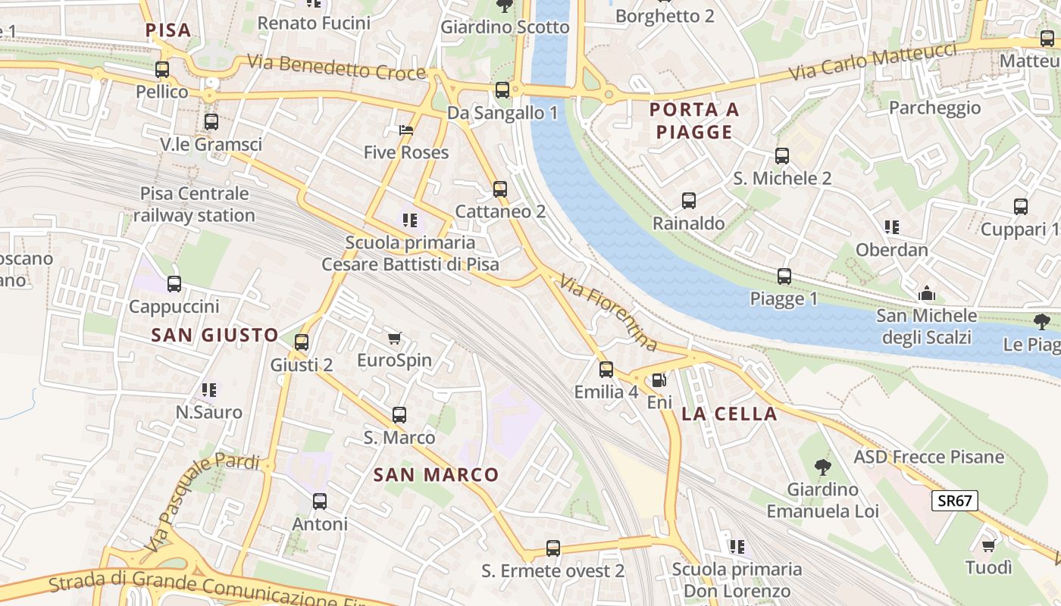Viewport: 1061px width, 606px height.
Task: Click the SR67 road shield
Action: [x=956, y=500]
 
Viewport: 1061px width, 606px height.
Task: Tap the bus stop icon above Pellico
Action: [x=162, y=70]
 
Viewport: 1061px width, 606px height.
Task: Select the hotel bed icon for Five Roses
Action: [x=406, y=130]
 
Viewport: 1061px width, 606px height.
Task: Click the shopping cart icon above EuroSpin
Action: [x=394, y=338]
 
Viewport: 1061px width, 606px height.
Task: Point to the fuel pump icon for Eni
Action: [x=659, y=381]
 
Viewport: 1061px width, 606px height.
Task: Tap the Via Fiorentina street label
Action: [x=609, y=313]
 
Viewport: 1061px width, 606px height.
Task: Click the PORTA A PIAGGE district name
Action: [x=694, y=121]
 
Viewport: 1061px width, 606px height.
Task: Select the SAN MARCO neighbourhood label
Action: [x=437, y=475]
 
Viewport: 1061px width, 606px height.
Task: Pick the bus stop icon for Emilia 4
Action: [x=606, y=370]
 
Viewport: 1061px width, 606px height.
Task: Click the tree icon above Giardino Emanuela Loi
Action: [x=822, y=467]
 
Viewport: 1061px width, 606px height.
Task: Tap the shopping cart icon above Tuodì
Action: [x=988, y=545]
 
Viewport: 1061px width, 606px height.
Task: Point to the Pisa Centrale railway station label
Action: [x=194, y=205]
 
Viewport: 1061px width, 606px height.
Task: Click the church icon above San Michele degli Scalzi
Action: [x=926, y=293]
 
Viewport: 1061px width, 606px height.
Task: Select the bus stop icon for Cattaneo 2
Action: [x=500, y=189]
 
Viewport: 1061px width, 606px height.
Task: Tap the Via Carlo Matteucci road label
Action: [x=872, y=62]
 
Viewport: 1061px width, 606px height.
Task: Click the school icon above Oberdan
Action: [x=892, y=226]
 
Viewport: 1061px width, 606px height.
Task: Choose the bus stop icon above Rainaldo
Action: [x=689, y=201]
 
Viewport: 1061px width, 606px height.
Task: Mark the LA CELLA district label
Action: [x=729, y=414]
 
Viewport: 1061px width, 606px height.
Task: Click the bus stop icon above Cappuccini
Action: [x=174, y=284]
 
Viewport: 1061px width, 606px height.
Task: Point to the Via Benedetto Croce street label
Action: [x=336, y=67]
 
